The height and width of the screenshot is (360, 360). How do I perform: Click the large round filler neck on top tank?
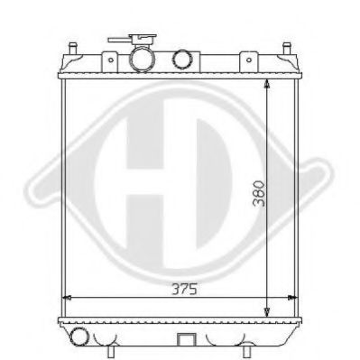tap(143, 60)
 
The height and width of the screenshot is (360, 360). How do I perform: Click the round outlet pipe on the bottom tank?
tap(81, 337)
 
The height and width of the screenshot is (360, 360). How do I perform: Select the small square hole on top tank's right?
tap(244, 60)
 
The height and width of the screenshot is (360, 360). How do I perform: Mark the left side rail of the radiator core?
tap(60, 198)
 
